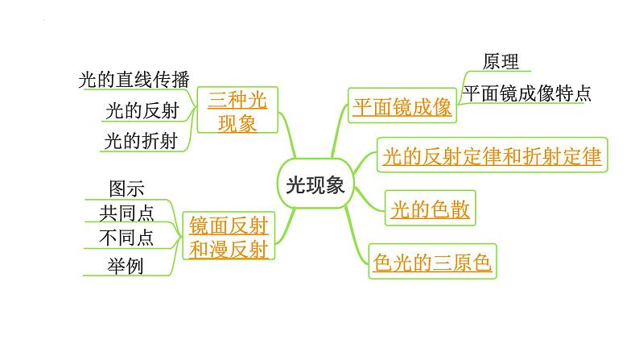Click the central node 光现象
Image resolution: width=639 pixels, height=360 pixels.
pyautogui.click(x=315, y=184)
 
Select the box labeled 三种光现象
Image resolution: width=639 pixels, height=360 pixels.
pyautogui.click(x=237, y=110)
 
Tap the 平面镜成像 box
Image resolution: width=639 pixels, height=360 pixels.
pyautogui.click(x=402, y=106)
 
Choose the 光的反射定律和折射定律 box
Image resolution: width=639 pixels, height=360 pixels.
pyautogui.click(x=493, y=155)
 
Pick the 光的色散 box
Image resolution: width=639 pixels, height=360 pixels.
pyautogui.click(x=431, y=208)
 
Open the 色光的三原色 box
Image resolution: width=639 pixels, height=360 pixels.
pyautogui.click(x=432, y=261)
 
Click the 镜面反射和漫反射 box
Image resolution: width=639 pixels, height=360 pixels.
pyautogui.click(x=229, y=236)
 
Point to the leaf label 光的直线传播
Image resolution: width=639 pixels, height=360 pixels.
pyautogui.click(x=134, y=79)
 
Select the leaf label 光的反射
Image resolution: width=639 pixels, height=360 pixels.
pyautogui.click(x=142, y=110)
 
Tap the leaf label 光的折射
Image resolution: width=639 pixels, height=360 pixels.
pyautogui.click(x=141, y=141)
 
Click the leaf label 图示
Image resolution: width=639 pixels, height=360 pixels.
pyautogui.click(x=126, y=188)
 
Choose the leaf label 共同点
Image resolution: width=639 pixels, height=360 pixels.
pyautogui.click(x=126, y=213)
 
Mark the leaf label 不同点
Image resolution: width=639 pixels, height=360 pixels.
pyautogui.click(x=126, y=238)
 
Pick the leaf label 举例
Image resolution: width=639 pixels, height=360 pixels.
pyautogui.click(x=126, y=267)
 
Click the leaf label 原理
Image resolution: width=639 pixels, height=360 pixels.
pyautogui.click(x=501, y=61)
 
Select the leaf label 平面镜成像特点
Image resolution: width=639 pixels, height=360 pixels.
pyautogui.click(x=527, y=93)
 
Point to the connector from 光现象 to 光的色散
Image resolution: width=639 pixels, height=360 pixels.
pyautogui.click(x=368, y=201)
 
